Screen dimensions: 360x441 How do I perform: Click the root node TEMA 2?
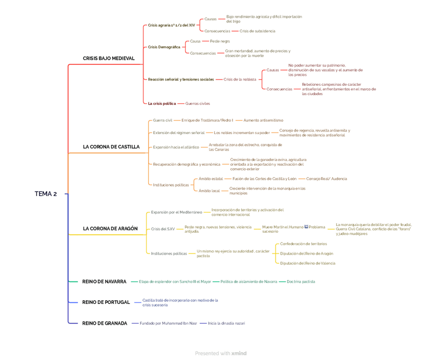[x=45, y=194]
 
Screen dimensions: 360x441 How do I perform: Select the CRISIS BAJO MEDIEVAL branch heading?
[x=109, y=59]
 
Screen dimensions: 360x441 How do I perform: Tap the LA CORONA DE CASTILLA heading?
[x=111, y=147]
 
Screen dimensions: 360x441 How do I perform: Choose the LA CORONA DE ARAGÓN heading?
[x=110, y=229]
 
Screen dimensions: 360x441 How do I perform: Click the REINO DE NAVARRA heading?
[x=104, y=282]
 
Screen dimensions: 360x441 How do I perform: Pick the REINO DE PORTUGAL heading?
[x=106, y=302]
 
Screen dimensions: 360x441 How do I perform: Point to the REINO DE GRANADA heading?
[x=105, y=323]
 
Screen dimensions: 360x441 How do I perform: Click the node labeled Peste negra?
[x=220, y=41]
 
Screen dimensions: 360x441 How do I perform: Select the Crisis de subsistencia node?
[x=257, y=31]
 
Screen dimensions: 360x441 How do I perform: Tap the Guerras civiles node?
[x=198, y=103]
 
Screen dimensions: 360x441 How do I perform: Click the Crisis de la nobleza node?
[x=240, y=79]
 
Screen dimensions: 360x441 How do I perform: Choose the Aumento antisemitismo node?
[x=264, y=120]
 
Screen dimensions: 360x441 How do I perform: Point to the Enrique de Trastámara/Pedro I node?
[x=207, y=120]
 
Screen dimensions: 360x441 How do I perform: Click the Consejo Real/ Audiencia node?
[x=327, y=179]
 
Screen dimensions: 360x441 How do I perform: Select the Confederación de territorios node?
[x=304, y=244]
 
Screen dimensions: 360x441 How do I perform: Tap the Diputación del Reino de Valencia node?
[x=308, y=263]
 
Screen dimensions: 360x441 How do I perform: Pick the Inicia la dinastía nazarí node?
[x=226, y=323]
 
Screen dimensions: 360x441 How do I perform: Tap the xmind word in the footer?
[x=239, y=353]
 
